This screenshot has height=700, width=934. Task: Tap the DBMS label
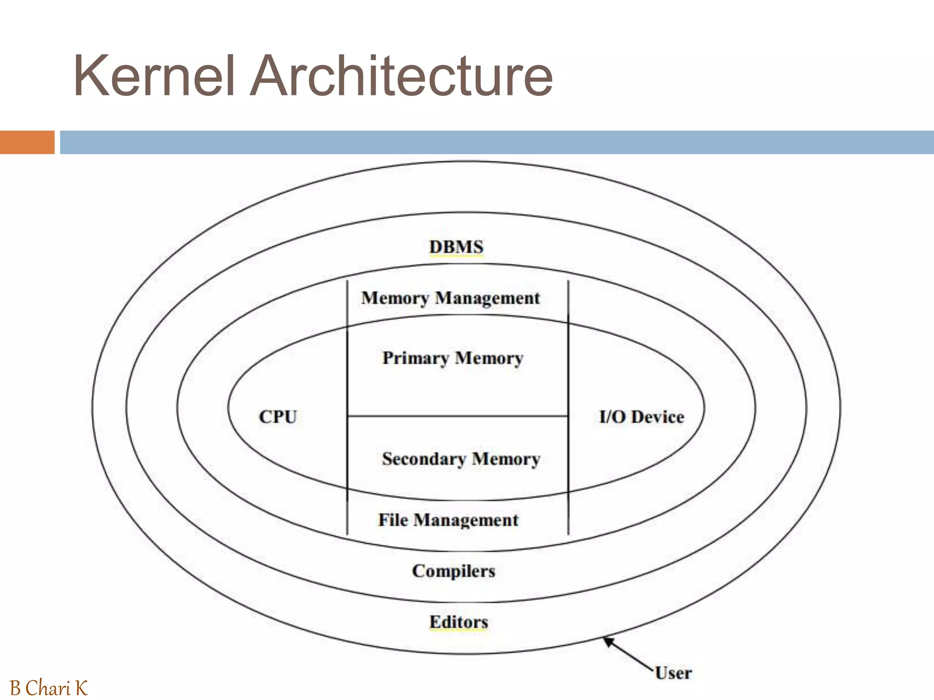tap(456, 247)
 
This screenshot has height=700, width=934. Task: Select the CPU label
tap(278, 417)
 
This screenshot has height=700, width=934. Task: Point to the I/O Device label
tap(641, 417)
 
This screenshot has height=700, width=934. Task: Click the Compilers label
tap(453, 571)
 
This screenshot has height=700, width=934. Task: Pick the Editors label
tap(458, 622)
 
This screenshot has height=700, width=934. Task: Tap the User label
tap(673, 673)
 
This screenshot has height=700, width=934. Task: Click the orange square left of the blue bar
tap(27, 142)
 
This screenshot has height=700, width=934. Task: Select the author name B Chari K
tap(48, 688)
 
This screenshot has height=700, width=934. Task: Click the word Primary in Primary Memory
tap(415, 358)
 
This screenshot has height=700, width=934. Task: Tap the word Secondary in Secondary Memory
tap(424, 459)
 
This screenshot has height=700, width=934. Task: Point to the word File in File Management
tap(393, 520)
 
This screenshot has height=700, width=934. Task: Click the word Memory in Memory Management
tap(395, 298)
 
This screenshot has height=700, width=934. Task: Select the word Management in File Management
tap(466, 520)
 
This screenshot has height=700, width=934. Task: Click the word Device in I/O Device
tap(658, 417)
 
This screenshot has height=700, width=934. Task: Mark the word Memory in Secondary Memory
tap(506, 459)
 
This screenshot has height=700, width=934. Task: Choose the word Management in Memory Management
tap(487, 298)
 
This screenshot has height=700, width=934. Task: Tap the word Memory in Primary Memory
tap(489, 358)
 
